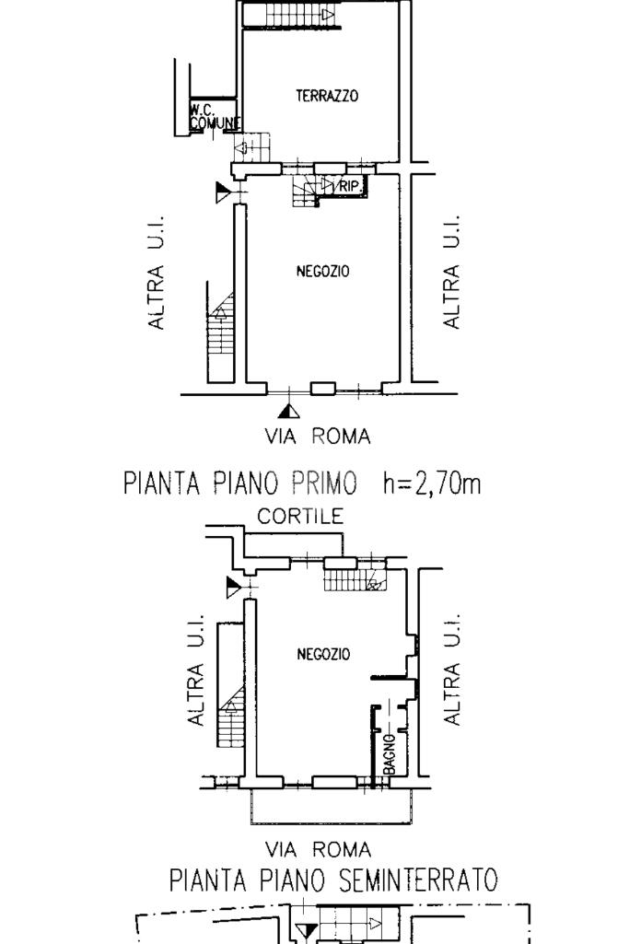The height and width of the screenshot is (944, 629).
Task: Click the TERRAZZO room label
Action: [x=327, y=96]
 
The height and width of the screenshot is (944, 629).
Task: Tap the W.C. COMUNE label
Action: [x=215, y=117]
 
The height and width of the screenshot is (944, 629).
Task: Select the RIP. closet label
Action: [x=350, y=187]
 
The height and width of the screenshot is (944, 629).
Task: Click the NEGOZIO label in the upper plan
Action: [x=322, y=272]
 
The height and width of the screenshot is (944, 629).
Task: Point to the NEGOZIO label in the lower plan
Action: [x=323, y=654]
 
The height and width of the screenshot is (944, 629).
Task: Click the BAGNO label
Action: [x=389, y=753]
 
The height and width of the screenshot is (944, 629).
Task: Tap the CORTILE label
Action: [x=300, y=517]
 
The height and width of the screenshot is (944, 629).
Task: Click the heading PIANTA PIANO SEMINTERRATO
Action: [x=332, y=880]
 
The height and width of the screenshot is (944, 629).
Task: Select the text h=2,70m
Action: [x=432, y=483]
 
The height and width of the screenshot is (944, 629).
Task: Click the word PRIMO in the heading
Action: [x=323, y=483]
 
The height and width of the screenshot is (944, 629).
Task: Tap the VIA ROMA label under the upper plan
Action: [x=318, y=436]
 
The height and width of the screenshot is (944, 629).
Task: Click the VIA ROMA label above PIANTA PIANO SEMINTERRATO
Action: [x=318, y=849]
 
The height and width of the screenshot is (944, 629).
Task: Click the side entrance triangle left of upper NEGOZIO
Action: [x=223, y=193]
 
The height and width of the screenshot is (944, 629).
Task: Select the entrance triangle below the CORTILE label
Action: [x=234, y=587]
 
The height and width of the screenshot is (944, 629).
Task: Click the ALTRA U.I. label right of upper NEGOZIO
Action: [x=451, y=272]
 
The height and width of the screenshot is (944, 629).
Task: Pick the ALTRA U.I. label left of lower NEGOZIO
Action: [x=196, y=670]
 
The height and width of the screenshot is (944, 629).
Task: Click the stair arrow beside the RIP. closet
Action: [x=327, y=183]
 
